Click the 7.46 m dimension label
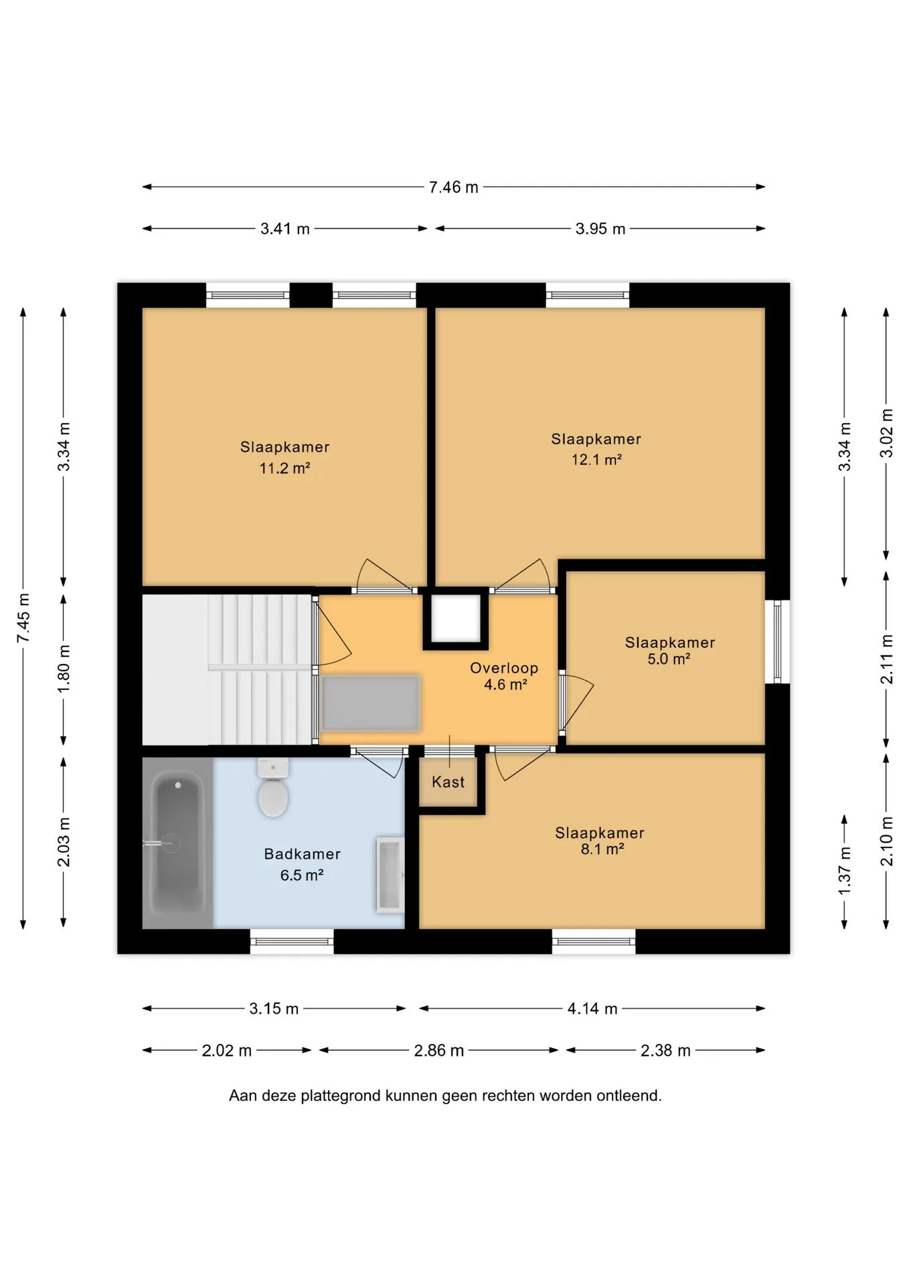(454, 187)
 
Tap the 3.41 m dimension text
(285, 229)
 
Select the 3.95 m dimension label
(600, 229)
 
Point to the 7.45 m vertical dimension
(23, 618)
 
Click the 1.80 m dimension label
(64, 669)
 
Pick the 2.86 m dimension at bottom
(439, 1051)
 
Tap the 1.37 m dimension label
(845, 871)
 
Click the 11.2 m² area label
(284, 468)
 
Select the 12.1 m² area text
(596, 460)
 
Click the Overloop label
(504, 668)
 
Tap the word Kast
(448, 782)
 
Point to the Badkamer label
(303, 854)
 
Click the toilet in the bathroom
(273, 788)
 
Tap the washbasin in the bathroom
(390, 874)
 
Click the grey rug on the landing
(371, 703)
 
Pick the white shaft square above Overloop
(456, 618)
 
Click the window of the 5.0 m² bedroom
(778, 642)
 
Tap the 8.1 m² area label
(602, 849)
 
